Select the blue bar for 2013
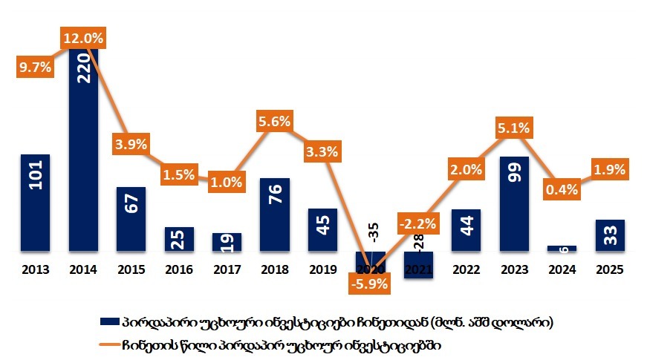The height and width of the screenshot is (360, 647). [35, 204]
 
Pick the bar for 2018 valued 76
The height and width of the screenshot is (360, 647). [275, 216]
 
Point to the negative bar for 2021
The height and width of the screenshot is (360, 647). [418, 266]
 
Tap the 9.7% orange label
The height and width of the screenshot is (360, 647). [34, 67]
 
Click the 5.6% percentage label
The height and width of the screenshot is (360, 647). [275, 121]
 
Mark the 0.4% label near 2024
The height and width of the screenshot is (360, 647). [562, 189]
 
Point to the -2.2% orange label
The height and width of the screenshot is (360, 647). [417, 222]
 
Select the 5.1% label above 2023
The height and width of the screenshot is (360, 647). [514, 128]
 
